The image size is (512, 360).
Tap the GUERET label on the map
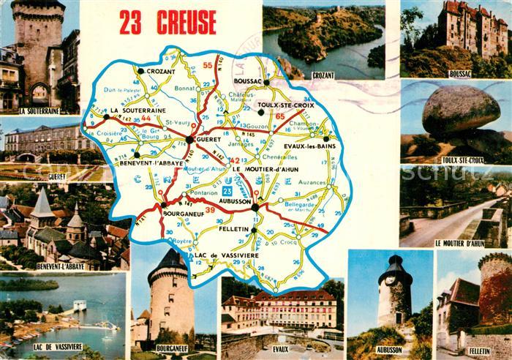pos(209,147)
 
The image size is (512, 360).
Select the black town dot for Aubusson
pos(255,208)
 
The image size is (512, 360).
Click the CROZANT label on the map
pos(149,80)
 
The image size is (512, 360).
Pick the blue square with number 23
pos(227,191)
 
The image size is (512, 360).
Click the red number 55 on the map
pos(208,65)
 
